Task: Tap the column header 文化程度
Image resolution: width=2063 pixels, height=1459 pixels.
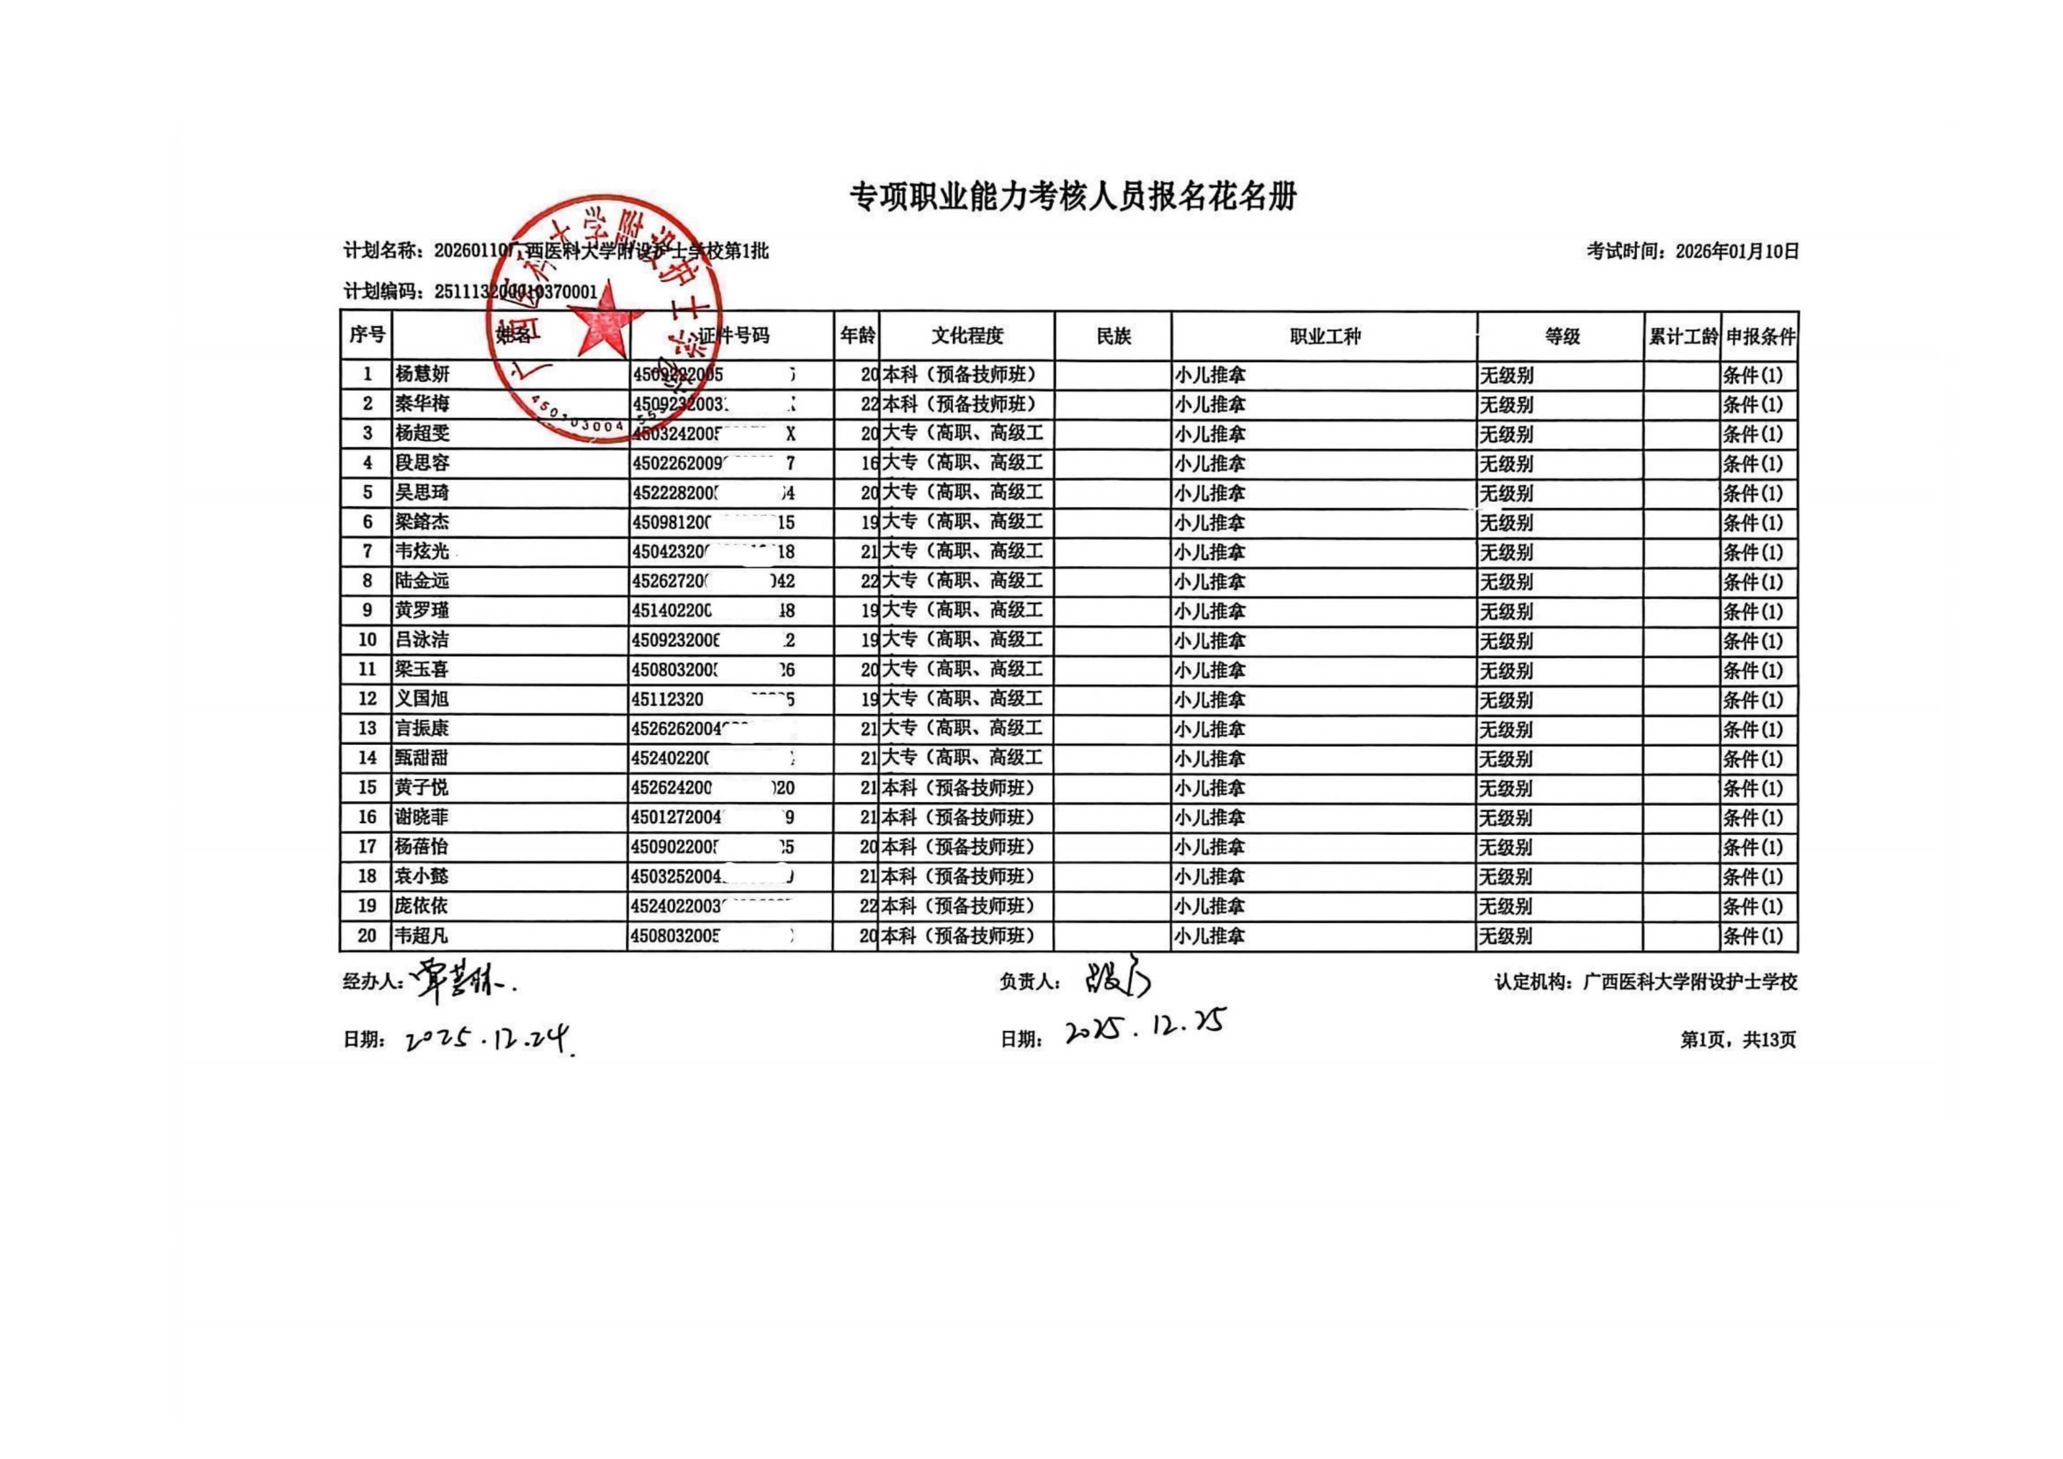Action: pyautogui.click(x=967, y=336)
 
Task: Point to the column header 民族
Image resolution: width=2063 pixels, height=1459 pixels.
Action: pyautogui.click(x=1113, y=336)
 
